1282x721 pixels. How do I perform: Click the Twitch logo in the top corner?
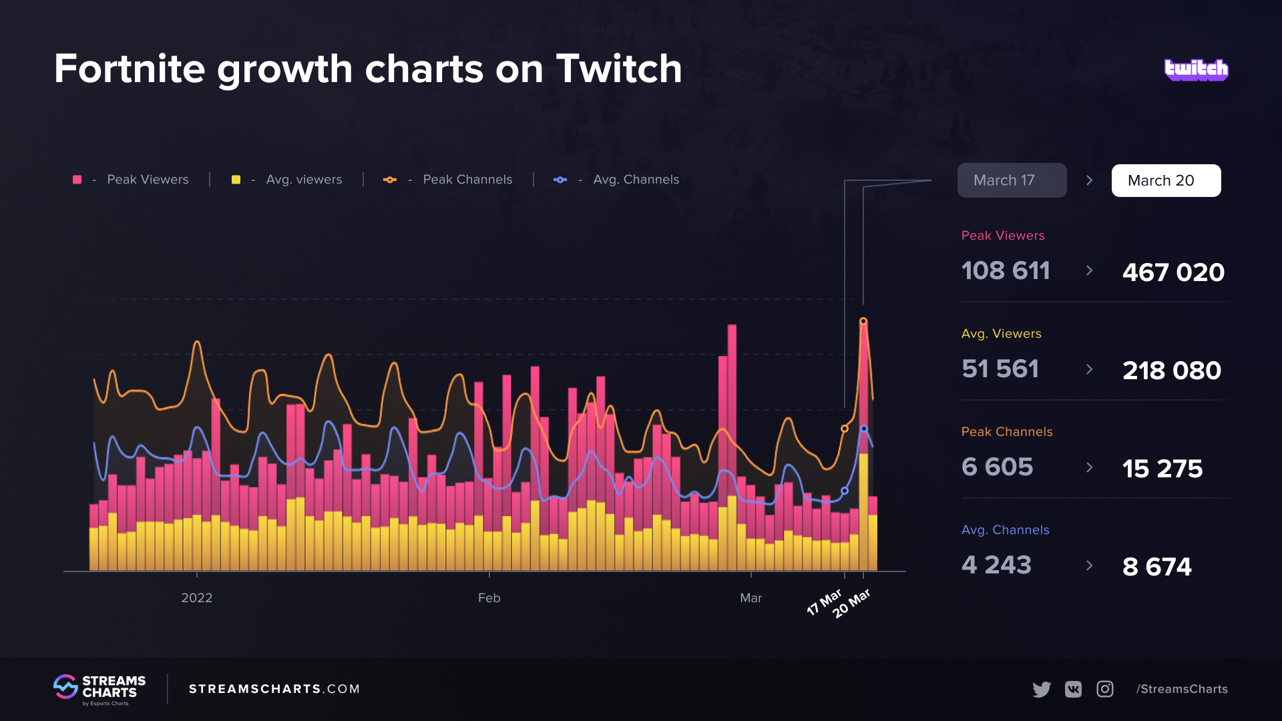pyautogui.click(x=1196, y=69)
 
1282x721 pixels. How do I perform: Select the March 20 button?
pyautogui.click(x=1166, y=180)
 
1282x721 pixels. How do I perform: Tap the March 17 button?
pyautogui.click(x=1012, y=180)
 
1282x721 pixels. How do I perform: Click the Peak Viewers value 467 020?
pyautogui.click(x=1173, y=272)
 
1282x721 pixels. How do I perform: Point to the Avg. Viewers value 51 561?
pyautogui.click(x=1000, y=369)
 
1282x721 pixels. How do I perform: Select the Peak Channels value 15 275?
pyautogui.click(x=1162, y=469)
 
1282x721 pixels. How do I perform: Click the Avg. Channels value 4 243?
pyautogui.click(x=996, y=565)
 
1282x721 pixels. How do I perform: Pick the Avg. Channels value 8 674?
pyautogui.click(x=1156, y=567)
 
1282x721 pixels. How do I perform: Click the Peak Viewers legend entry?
pyautogui.click(x=132, y=180)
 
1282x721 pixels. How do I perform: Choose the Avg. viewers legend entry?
pyautogui.click(x=287, y=180)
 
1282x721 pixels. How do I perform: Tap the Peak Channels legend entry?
pyautogui.click(x=448, y=180)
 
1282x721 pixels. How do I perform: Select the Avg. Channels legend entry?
pyautogui.click(x=617, y=180)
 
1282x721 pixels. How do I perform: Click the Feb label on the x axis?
pyautogui.click(x=489, y=598)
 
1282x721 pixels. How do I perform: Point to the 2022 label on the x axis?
pyautogui.click(x=196, y=598)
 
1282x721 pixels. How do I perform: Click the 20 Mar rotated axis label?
pyautogui.click(x=851, y=604)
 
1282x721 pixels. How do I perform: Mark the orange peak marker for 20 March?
pyautogui.click(x=863, y=321)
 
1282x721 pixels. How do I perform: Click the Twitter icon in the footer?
pyautogui.click(x=1041, y=689)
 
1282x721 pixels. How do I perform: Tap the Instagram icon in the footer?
pyautogui.click(x=1105, y=689)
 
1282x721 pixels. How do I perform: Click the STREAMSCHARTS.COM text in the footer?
pyautogui.click(x=274, y=689)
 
